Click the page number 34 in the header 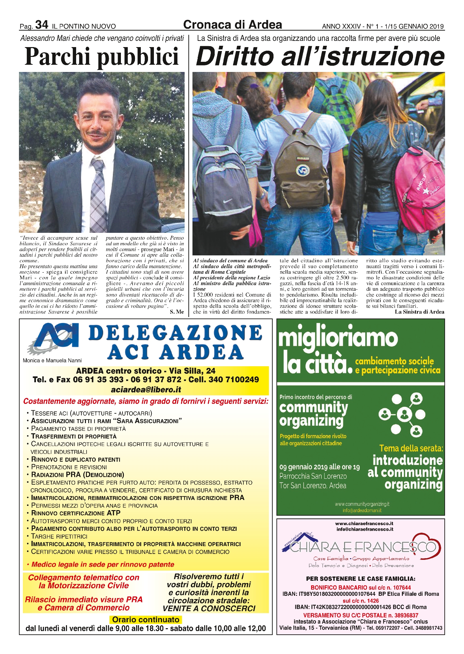point(41,25)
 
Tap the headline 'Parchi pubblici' point(102,57)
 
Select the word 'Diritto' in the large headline point(235,56)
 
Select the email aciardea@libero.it point(146,389)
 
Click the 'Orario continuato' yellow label point(145,619)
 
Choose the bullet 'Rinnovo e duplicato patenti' point(75,459)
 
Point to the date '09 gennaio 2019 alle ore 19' point(319,467)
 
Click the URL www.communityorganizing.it point(362,504)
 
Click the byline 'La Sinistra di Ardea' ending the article point(419,312)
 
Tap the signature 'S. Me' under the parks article point(176,312)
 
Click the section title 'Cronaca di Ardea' point(232,25)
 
